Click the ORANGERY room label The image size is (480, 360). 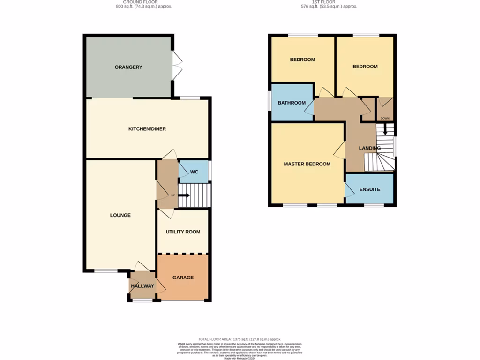(x=128, y=67)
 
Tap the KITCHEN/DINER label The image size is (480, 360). (x=147, y=129)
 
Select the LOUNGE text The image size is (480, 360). (x=120, y=215)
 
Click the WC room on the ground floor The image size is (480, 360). (x=194, y=172)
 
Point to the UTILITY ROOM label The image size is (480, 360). (x=183, y=232)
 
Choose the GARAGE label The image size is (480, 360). (x=183, y=277)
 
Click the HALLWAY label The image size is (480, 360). (x=142, y=286)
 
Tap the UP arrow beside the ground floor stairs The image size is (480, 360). (x=183, y=195)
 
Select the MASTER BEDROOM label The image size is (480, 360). (x=307, y=164)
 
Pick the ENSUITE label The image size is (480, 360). (x=370, y=189)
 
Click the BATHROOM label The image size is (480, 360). (x=292, y=103)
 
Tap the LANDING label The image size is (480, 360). (x=370, y=148)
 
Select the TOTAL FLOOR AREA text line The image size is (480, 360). (x=240, y=339)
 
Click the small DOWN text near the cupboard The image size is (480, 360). (x=385, y=118)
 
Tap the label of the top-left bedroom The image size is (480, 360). (x=302, y=60)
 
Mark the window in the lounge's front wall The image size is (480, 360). (x=106, y=271)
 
